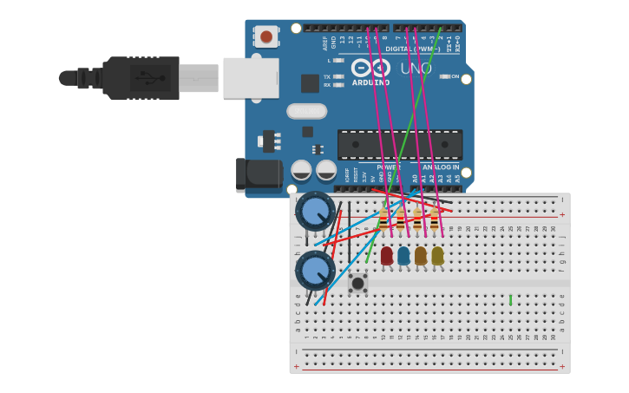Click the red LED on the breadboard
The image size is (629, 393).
coord(387,255)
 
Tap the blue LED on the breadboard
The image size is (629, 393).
coord(403,255)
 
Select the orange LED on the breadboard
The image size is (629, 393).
coord(421,255)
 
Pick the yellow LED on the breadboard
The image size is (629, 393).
coord(437,255)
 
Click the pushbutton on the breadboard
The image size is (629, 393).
coord(357,283)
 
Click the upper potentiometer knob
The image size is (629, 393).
coord(314,211)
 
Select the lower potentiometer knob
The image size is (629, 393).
coord(314,270)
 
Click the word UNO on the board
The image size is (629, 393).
coord(416,69)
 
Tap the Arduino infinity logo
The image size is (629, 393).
coord(370,68)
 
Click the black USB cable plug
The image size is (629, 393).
coord(139,78)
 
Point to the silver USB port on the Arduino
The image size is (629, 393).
coord(251,78)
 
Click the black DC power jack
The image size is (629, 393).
coord(259,174)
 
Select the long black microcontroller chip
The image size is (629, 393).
coord(399,144)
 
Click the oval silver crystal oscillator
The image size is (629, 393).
coord(306,111)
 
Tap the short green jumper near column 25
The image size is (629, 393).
coord(510,299)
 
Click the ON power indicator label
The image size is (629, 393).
coord(454,76)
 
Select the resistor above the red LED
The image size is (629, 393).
coord(383,219)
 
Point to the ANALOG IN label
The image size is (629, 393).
coord(441,167)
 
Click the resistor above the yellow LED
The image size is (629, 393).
coord(434,219)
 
